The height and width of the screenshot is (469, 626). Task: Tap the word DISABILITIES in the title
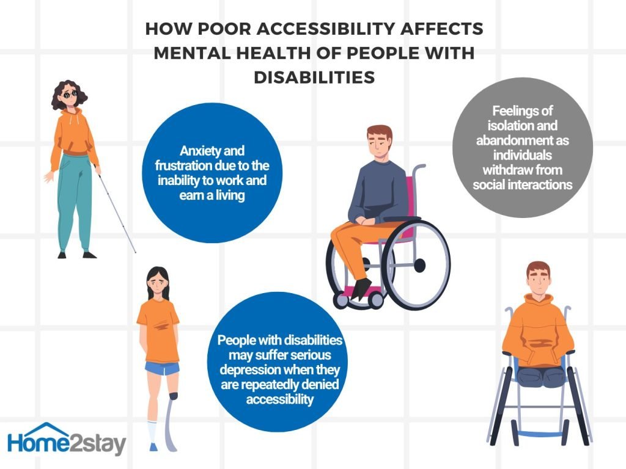314,78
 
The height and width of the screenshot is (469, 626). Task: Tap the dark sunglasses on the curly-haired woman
70,95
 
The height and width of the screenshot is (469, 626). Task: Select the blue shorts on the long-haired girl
162,368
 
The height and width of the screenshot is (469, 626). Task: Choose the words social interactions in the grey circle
523,184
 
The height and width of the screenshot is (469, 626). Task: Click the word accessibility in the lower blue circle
280,399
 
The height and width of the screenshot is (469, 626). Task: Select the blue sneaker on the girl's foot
153,446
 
